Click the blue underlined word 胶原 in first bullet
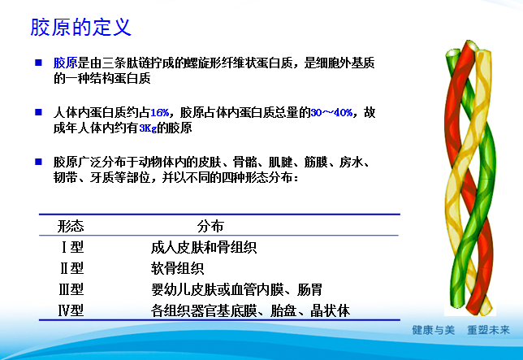(x=65, y=63)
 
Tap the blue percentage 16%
(x=159, y=112)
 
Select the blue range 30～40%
(x=332, y=112)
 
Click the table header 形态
(x=71, y=227)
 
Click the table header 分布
(x=210, y=227)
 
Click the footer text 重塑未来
(x=488, y=332)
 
